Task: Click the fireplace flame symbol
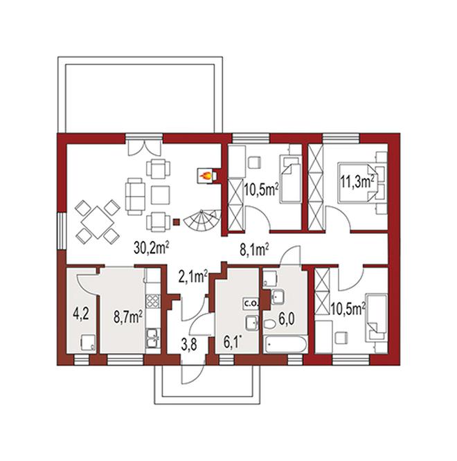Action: [x=205, y=176]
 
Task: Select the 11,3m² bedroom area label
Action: [x=357, y=182]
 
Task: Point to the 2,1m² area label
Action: [x=193, y=277]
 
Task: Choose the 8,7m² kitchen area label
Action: [x=128, y=318]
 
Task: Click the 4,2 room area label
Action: [x=81, y=314]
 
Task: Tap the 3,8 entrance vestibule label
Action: [x=189, y=345]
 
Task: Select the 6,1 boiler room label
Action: [x=233, y=343]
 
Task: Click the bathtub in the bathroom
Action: [x=285, y=345]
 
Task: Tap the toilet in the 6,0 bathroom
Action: [x=269, y=325]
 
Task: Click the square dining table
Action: [x=98, y=222]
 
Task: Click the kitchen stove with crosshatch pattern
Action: [x=153, y=301]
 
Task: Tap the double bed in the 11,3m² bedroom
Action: [x=358, y=182]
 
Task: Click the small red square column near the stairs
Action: [x=176, y=222]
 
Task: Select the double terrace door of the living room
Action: [x=145, y=147]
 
